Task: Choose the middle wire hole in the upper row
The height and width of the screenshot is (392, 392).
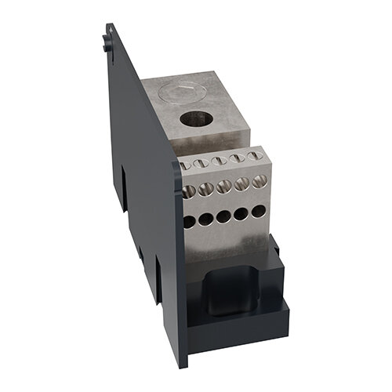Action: click(x=223, y=189)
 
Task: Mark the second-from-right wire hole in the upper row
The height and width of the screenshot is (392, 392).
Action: click(x=240, y=187)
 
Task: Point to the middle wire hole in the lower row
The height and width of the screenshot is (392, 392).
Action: click(x=223, y=217)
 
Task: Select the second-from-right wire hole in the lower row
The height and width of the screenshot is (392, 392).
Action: click(x=240, y=215)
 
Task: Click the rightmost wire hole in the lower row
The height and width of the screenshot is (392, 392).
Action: click(x=256, y=212)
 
